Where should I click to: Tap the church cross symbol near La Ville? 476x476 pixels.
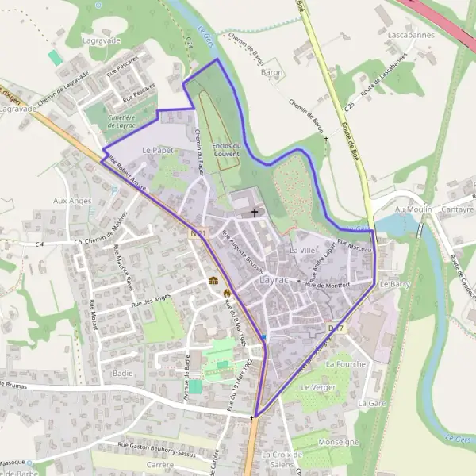click(255, 213)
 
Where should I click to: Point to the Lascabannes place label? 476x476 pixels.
click(409, 36)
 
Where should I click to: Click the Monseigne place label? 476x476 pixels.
click(338, 442)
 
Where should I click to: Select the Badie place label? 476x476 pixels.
click(123, 372)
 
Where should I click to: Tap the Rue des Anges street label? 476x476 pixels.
click(151, 300)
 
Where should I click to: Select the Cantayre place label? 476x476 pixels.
click(458, 209)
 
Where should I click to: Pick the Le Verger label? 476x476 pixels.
click(319, 387)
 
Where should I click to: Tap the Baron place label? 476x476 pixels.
click(272, 72)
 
